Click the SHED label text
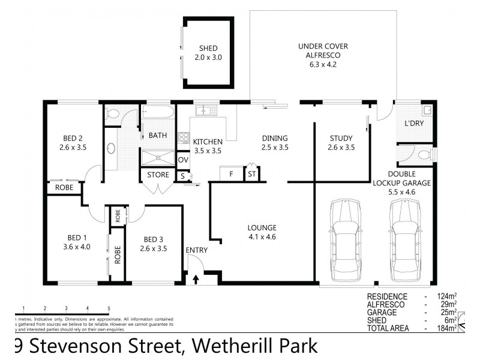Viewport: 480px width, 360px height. point(208,49)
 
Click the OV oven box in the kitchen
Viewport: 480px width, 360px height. point(184,160)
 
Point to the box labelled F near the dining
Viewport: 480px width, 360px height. point(230,175)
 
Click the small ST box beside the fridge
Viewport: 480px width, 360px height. point(252,175)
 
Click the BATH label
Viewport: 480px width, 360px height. point(158,136)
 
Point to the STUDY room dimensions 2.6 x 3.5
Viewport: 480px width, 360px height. point(342,146)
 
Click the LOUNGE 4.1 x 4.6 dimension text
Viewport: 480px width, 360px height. point(262,236)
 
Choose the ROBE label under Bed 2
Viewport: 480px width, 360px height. point(64,187)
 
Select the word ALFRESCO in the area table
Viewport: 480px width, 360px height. point(387,305)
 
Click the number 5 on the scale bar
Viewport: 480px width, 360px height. point(109,308)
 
